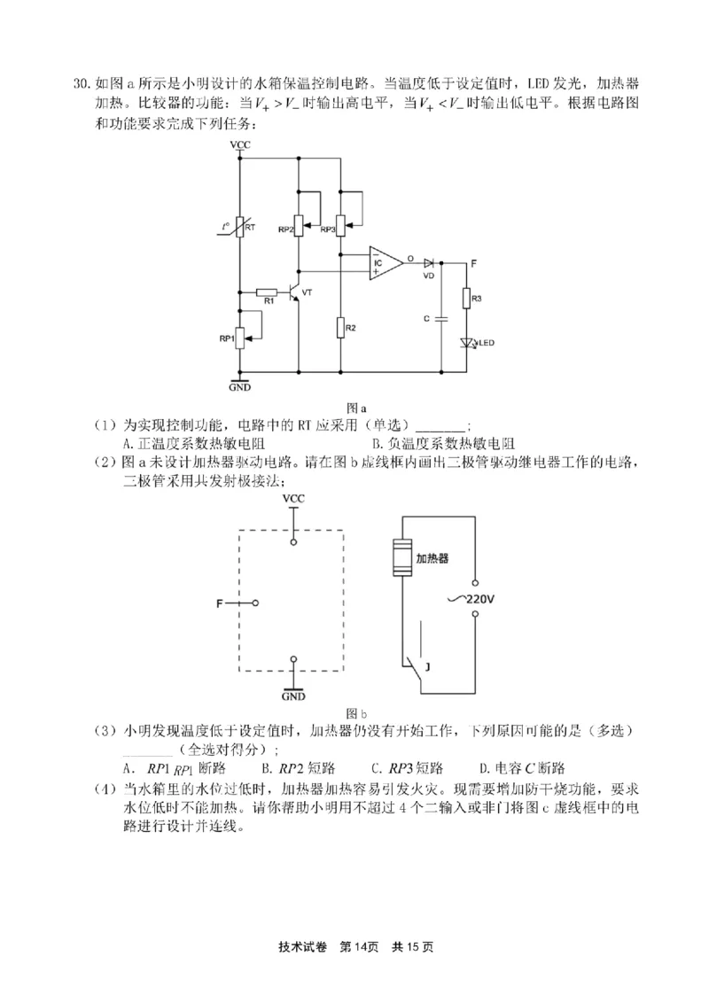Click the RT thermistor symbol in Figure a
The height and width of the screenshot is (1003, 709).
coord(240,228)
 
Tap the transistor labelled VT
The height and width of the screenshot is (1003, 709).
coord(296,292)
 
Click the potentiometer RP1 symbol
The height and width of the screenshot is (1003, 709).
coord(240,338)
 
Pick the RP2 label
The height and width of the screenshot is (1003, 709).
coord(285,229)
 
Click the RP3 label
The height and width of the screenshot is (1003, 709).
coord(328,229)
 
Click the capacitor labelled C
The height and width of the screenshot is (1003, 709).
coord(440,317)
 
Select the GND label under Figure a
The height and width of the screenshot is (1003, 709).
coord(239,388)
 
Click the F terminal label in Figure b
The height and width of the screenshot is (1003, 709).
coord(219,603)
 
